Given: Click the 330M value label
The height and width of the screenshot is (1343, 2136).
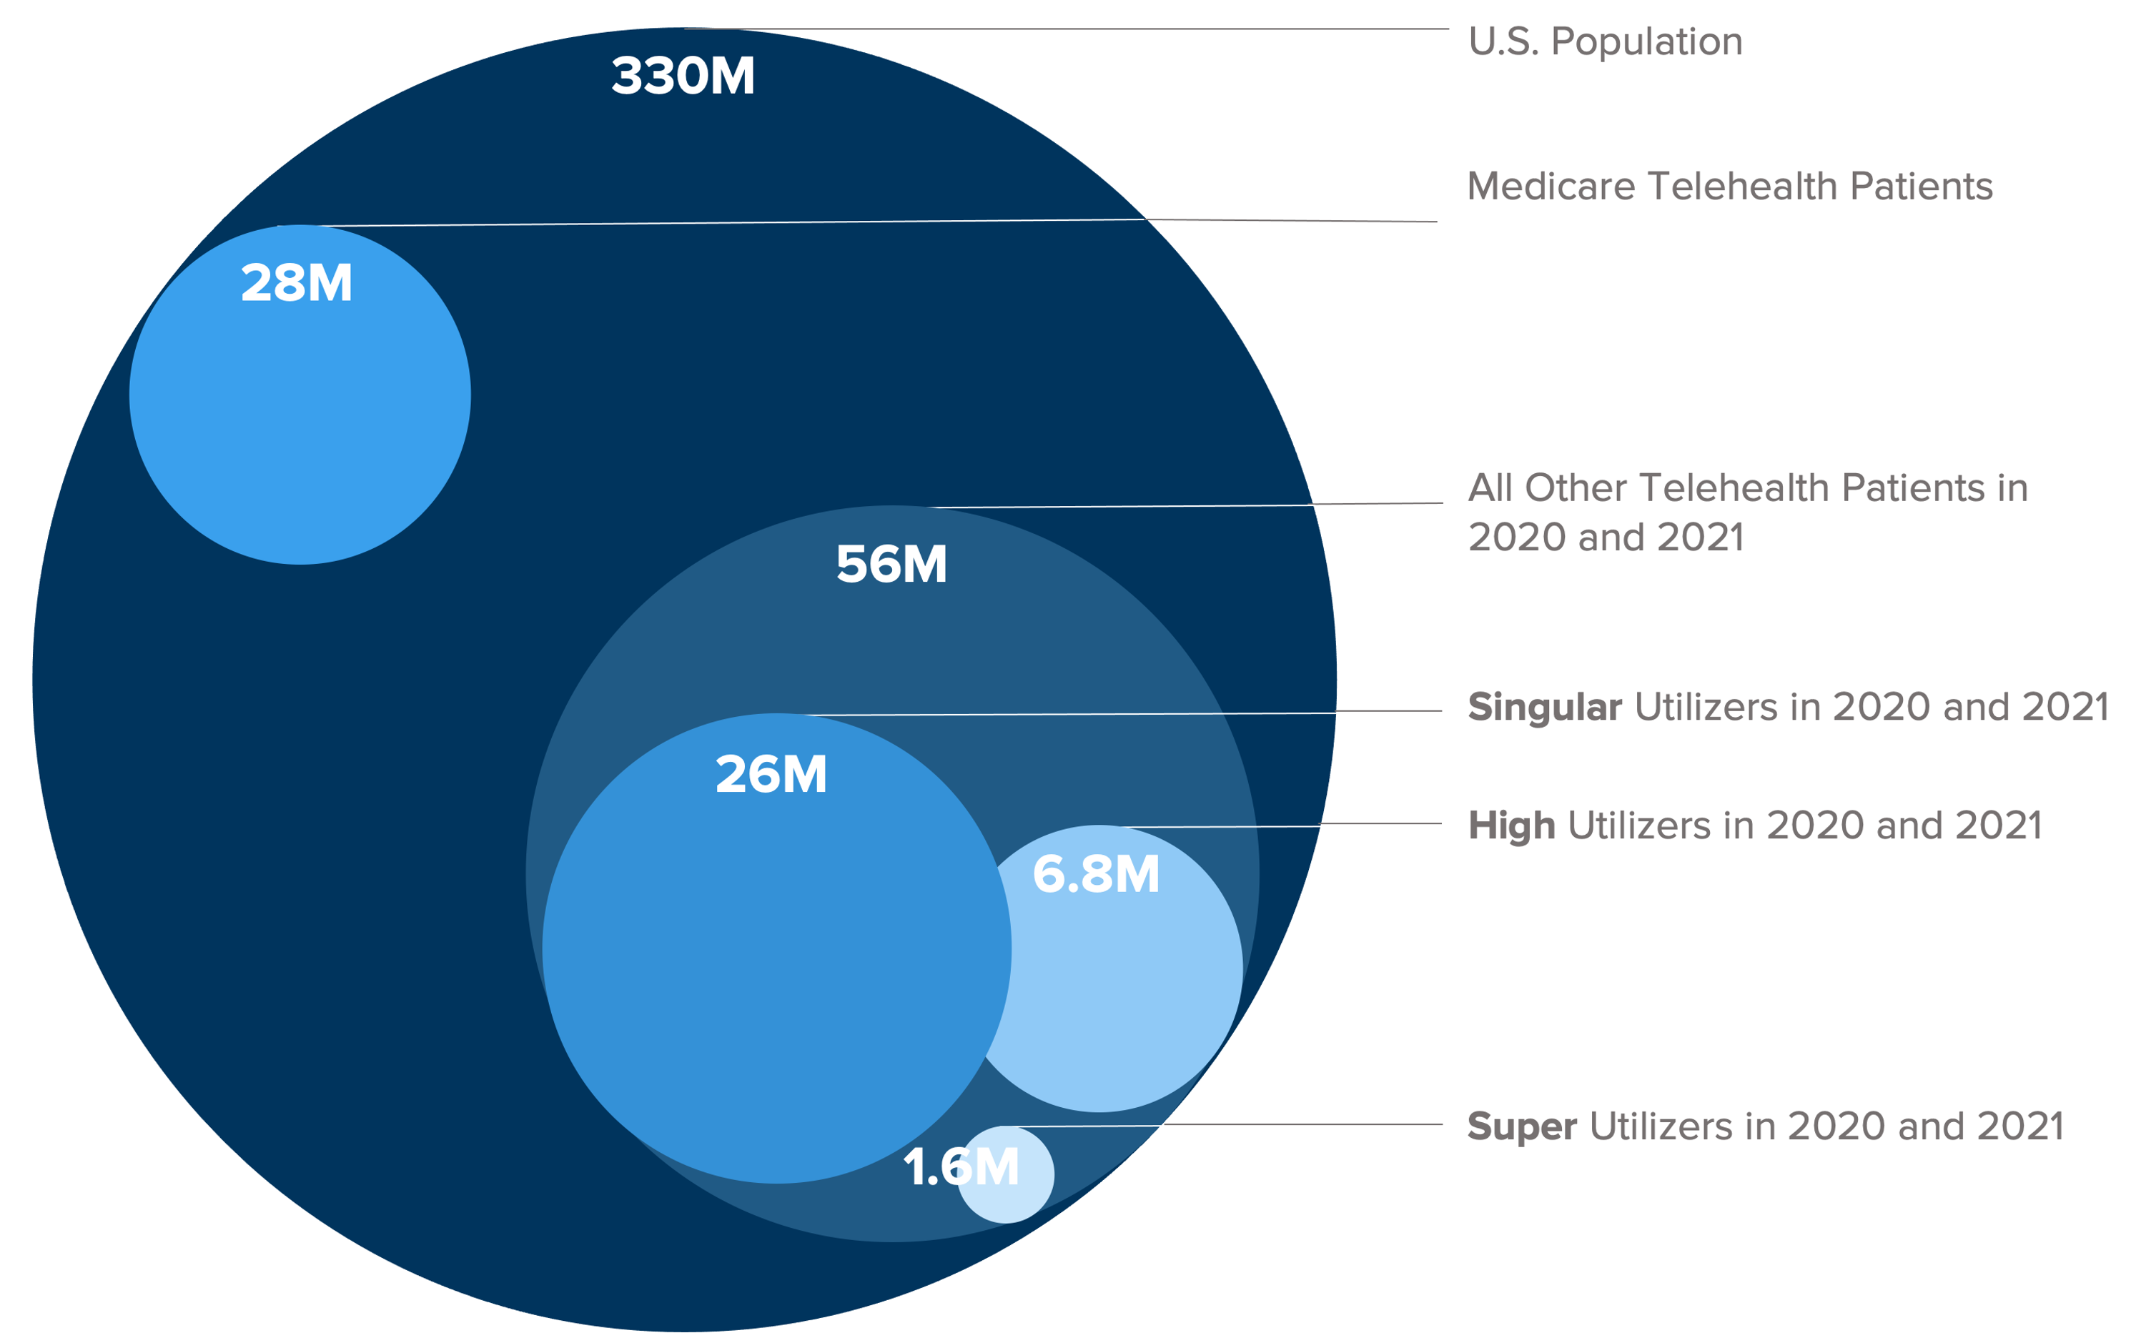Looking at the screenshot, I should click(682, 76).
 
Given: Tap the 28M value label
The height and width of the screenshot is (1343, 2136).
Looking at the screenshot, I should click(296, 284).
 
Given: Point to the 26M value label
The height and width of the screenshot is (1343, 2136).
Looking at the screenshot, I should click(771, 774).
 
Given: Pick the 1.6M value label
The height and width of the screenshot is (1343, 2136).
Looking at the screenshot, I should click(961, 1166).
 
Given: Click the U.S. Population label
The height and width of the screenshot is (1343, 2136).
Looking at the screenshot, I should click(1605, 41).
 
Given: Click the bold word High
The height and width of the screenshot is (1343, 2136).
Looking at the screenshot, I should click(1510, 825).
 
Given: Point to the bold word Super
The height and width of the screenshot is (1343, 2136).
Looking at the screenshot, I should click(1522, 1126).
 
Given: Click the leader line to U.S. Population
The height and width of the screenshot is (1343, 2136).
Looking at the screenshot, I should click(1064, 29).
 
